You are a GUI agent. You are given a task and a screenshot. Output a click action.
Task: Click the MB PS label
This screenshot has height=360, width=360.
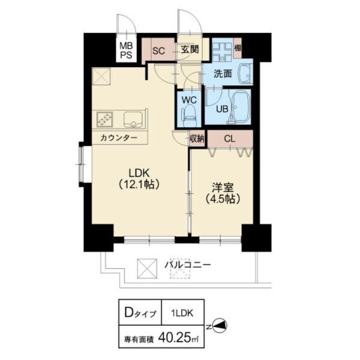126,50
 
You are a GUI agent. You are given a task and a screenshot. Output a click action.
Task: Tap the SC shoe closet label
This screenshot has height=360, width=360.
158,50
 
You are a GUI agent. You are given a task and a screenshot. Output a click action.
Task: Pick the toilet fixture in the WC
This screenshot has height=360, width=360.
190,113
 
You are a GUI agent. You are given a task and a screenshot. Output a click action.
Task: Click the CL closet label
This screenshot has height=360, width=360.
229,139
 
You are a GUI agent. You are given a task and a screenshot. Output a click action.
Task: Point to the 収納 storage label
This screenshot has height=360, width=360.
197,139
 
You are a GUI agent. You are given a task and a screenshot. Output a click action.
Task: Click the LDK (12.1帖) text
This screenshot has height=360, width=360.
137,178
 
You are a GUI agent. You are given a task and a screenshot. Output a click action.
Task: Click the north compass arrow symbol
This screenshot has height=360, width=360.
221,326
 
